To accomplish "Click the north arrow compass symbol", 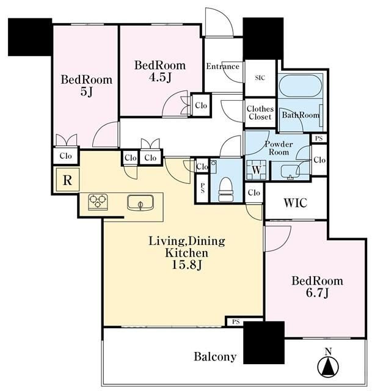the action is [328, 365].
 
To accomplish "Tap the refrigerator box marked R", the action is [67, 180].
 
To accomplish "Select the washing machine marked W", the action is [257, 170].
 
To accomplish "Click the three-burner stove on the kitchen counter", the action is [98, 202].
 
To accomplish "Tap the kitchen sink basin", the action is [140, 202].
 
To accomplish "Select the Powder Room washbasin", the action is [290, 172].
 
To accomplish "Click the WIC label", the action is [295, 203].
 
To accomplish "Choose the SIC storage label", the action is [260, 78].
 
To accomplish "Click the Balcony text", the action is [215, 357].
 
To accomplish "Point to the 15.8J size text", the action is [187, 265].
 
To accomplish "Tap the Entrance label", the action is [223, 67].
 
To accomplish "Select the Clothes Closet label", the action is [260, 112].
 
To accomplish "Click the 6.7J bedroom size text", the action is [318, 293].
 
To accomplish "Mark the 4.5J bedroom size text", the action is [160, 78].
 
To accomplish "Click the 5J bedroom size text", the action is [87, 92].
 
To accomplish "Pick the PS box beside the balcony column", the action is [236, 322].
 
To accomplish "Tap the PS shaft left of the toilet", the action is [202, 188].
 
